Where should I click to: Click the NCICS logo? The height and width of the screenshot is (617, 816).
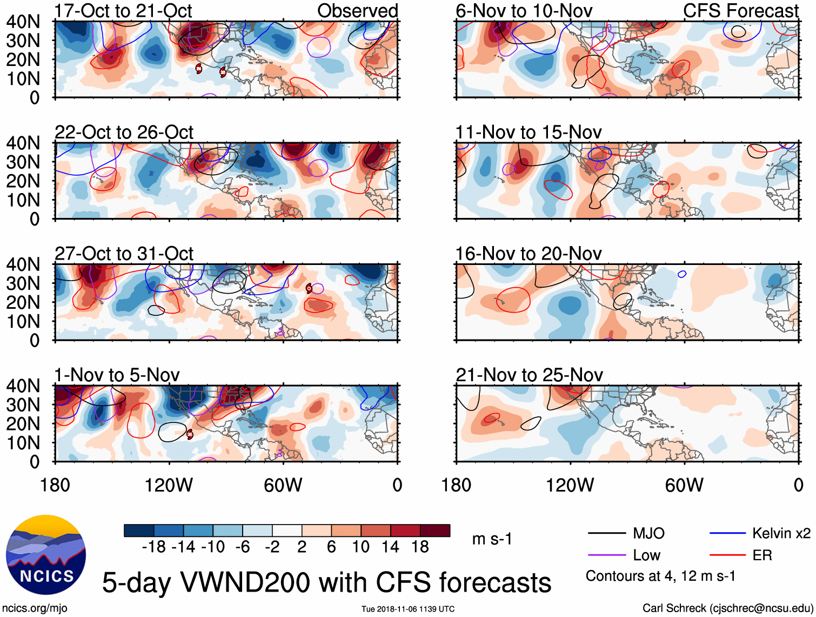[46, 555]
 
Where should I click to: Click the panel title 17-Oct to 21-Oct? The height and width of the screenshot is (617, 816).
[123, 11]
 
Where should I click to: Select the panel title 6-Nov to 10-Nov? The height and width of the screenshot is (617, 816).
[524, 11]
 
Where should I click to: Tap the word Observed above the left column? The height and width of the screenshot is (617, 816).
[357, 11]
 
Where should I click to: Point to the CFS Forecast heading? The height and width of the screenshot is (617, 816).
[740, 11]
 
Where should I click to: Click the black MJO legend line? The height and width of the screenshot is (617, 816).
[606, 534]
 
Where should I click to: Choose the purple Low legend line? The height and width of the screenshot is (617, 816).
[606, 555]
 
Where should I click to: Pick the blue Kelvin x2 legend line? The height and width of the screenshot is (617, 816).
[727, 534]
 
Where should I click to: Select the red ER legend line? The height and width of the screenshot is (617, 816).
[727, 555]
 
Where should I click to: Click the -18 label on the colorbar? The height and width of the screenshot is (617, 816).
[153, 547]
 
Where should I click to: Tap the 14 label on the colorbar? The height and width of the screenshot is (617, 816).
[391, 547]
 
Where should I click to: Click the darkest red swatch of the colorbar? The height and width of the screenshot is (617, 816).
[435, 530]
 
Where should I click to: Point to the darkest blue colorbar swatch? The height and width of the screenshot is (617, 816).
[139, 530]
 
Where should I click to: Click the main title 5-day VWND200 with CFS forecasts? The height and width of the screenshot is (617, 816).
[326, 582]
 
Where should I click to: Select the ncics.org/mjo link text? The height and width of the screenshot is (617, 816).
[35, 608]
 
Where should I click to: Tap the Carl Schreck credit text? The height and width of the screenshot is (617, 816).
[727, 608]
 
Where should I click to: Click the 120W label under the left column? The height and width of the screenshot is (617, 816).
[169, 485]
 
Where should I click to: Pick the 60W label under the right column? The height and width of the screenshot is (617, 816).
[684, 485]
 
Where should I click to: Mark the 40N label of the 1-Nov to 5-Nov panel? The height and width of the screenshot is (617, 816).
[23, 386]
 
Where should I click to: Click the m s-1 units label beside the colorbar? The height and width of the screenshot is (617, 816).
[492, 539]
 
